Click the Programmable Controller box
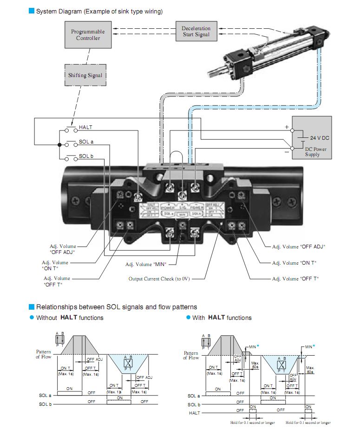click(88, 35)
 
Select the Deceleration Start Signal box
click(196, 32)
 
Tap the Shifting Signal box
click(85, 75)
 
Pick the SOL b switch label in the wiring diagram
click(86, 156)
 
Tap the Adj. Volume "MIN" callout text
click(145, 264)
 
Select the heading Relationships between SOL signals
click(116, 307)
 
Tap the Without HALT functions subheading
click(70, 318)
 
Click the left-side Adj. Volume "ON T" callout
click(55, 266)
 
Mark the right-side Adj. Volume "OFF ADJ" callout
click(298, 247)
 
